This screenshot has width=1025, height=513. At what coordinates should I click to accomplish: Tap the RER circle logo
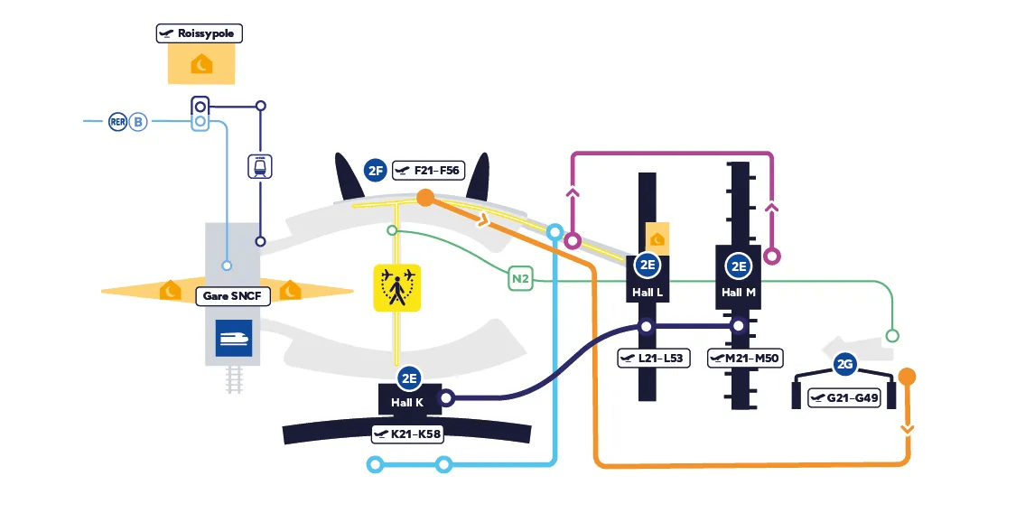click(x=117, y=121)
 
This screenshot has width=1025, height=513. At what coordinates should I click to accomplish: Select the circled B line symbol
click(x=137, y=121)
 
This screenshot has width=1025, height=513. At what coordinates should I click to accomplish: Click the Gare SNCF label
click(x=231, y=295)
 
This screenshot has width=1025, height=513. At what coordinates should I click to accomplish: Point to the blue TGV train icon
click(x=233, y=338)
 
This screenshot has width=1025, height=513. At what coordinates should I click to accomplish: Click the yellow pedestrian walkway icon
click(x=398, y=287)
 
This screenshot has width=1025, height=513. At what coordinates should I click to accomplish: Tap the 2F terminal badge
click(x=376, y=170)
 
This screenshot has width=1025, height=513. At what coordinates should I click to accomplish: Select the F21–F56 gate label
click(x=428, y=170)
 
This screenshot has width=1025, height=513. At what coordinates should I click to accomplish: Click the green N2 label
click(x=520, y=280)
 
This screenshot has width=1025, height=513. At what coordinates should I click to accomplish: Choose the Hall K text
click(x=407, y=403)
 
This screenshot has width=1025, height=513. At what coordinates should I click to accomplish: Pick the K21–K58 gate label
click(x=408, y=434)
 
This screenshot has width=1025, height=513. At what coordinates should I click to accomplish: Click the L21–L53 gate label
click(x=655, y=359)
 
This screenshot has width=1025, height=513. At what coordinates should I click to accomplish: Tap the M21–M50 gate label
click(x=746, y=359)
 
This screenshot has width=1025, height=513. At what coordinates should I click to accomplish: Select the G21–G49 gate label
click(x=844, y=397)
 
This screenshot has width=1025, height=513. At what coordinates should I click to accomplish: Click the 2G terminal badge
click(x=845, y=365)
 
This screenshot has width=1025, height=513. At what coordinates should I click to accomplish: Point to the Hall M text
click(x=739, y=293)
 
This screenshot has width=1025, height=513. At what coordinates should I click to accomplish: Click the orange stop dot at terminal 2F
click(x=425, y=198)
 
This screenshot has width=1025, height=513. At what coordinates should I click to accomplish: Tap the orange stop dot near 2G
click(x=908, y=377)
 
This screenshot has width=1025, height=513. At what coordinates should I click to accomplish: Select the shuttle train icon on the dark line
click(x=260, y=167)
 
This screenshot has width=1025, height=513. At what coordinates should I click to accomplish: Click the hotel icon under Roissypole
click(x=201, y=64)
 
